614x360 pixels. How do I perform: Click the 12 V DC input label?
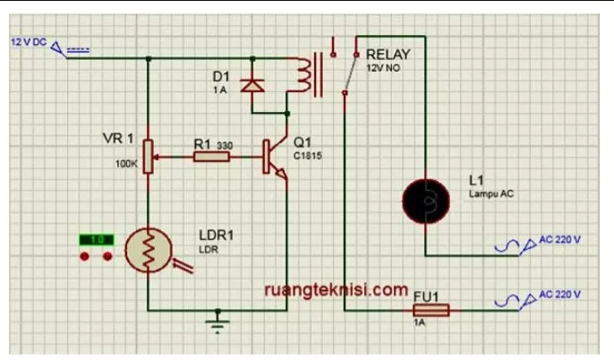tap(28, 42)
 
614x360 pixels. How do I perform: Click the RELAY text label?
tap(388, 55)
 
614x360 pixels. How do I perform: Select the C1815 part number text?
tap(306, 155)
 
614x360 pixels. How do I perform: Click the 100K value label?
tap(126, 164)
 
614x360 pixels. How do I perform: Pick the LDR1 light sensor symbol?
tap(147, 250)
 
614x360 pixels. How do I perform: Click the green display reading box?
tap(97, 239)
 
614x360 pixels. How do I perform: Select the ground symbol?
tap(216, 319)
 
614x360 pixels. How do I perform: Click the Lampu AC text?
tap(491, 193)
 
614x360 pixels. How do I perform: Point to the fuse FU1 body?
tap(430, 311)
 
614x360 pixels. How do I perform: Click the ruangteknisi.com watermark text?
tap(336, 289)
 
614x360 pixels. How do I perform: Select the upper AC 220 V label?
tap(559, 240)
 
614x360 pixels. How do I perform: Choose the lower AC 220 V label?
tap(559, 295)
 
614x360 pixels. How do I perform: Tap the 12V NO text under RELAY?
tap(383, 68)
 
